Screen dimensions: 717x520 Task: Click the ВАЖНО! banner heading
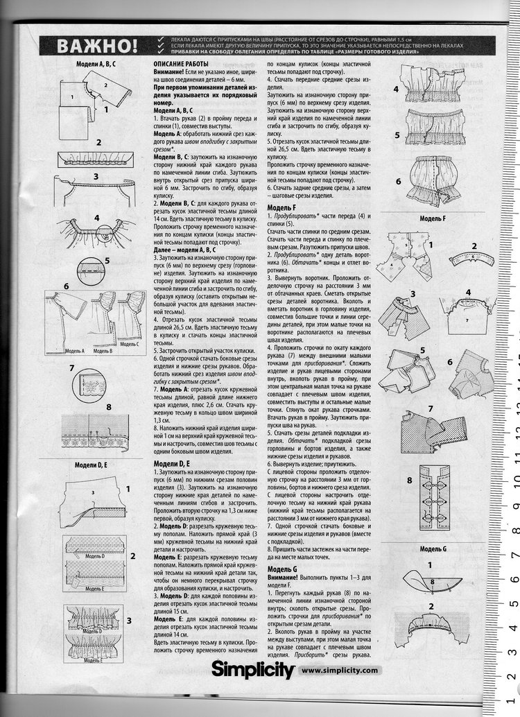(x=97, y=47)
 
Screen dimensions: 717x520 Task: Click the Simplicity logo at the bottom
(x=252, y=670)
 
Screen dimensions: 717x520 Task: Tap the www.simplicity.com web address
(x=340, y=671)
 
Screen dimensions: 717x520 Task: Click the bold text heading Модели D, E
(x=171, y=463)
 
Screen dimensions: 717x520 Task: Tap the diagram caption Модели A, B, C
(x=96, y=64)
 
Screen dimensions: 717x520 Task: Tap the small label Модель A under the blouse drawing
(x=73, y=352)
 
